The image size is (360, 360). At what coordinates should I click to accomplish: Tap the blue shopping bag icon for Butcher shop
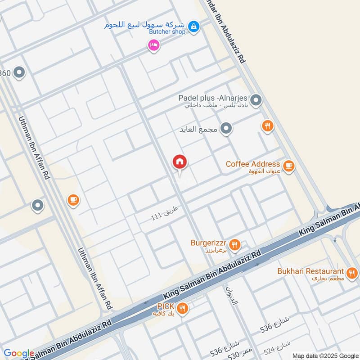193,27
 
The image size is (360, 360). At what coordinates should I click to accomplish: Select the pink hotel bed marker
154,45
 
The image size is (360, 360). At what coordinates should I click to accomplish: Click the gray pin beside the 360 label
19,72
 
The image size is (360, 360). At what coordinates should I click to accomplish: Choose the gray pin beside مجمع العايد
227,129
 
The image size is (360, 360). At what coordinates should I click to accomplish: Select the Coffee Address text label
252,164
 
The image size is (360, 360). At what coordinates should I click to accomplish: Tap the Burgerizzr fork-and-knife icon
234,245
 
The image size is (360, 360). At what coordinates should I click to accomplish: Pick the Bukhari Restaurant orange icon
352,272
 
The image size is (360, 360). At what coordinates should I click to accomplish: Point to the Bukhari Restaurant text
310,271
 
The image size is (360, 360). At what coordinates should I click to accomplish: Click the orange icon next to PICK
182,308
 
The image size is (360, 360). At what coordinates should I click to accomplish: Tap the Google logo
19,354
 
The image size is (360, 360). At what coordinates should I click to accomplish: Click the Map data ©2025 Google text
325,355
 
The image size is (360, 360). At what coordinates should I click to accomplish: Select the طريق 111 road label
165,213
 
